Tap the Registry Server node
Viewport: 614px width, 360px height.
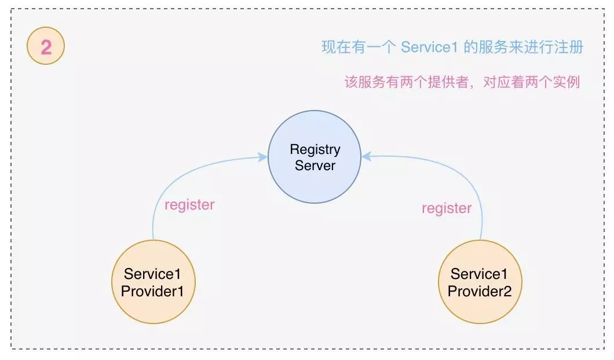point(315,157)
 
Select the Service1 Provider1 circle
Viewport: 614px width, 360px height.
point(153,282)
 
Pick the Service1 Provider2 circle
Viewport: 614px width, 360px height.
point(480,282)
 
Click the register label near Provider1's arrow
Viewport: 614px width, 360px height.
point(189,205)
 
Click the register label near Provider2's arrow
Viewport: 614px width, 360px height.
point(446,208)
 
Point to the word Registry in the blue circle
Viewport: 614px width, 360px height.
point(315,149)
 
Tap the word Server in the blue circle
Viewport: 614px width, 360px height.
point(315,166)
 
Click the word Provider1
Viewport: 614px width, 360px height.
point(152,291)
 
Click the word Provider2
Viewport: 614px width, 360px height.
point(480,291)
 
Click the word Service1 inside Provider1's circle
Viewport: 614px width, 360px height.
point(152,274)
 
